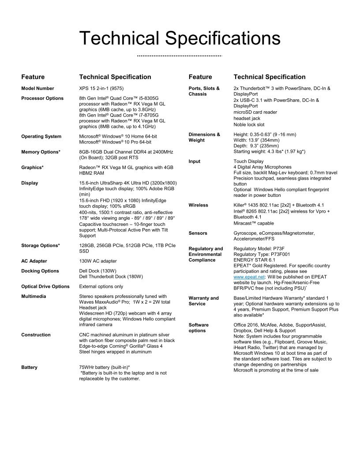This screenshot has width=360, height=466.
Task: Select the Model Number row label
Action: [x=37, y=89]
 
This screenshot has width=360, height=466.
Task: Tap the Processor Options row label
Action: [x=42, y=98]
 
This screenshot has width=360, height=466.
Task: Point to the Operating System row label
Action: [x=41, y=136]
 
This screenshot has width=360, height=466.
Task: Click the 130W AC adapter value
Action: [x=98, y=261]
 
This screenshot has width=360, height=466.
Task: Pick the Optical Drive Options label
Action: [x=45, y=286]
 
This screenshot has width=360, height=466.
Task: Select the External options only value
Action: [x=101, y=286]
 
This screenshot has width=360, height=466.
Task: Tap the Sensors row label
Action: [x=198, y=233]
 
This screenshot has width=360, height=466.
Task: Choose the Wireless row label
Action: [x=198, y=205]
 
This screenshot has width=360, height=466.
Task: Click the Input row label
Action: [x=194, y=162]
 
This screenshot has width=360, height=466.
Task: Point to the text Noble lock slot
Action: [x=249, y=125]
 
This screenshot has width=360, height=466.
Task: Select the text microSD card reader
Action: [x=255, y=112]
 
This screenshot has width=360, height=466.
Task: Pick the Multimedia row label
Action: [x=34, y=296]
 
